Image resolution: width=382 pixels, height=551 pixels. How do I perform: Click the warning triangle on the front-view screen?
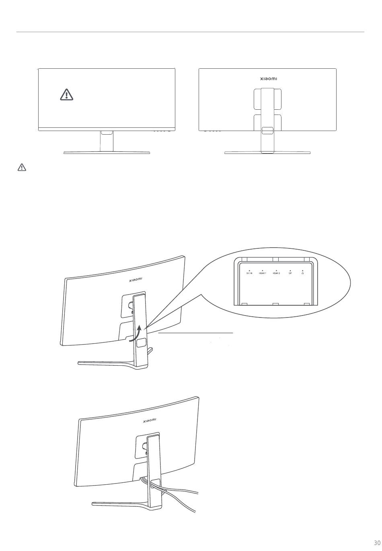pyautogui.click(x=67, y=94)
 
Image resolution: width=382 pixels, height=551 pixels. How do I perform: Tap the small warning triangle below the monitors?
pyautogui.click(x=22, y=167)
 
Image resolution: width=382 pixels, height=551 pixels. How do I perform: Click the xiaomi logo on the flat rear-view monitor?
pyautogui.click(x=268, y=79)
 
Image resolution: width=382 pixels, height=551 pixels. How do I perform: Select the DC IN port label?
pyautogui.click(x=249, y=272)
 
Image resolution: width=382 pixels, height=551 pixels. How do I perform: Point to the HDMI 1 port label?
pyautogui.click(x=263, y=272)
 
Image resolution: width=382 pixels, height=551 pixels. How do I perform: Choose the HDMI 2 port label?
pyautogui.click(x=276, y=272)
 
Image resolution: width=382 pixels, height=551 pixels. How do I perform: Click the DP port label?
pyautogui.click(x=290, y=272)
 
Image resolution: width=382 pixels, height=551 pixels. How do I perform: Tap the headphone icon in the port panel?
pyautogui.click(x=302, y=272)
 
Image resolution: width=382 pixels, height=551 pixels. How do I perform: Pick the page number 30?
pyautogui.click(x=376, y=543)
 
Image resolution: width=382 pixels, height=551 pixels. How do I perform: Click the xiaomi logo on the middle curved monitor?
pyautogui.click(x=136, y=280)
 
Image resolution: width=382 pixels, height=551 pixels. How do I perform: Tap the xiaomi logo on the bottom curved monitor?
pyautogui.click(x=150, y=420)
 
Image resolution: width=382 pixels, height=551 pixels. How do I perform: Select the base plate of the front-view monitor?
pyautogui.click(x=107, y=153)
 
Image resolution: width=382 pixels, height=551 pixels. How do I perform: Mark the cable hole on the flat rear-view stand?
pyautogui.click(x=267, y=131)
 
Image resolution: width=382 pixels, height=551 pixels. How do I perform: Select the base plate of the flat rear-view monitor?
pyautogui.click(x=267, y=153)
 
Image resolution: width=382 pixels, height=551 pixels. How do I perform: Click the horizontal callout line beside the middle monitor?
pyautogui.click(x=196, y=333)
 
